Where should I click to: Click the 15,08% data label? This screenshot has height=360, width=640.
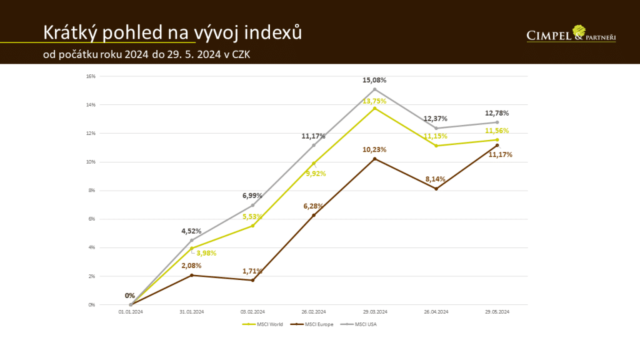[375, 80]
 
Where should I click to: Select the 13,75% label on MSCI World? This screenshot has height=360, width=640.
[375, 101]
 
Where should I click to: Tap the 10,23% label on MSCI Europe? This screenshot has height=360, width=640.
[375, 149]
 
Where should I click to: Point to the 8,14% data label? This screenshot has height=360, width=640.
[436, 178]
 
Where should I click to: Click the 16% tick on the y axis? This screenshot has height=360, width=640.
[91, 76]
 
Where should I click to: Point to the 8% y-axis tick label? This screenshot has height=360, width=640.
[91, 191]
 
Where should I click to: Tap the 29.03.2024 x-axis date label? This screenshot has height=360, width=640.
[375, 311]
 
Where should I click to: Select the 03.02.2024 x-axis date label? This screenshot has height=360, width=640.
[253, 311]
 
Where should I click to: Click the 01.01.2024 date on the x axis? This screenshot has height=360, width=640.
[131, 311]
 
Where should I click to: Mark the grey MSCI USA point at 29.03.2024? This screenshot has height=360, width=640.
[375, 89]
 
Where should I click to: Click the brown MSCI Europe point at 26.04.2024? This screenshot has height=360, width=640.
[436, 189]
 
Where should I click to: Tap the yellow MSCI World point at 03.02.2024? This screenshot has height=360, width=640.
[253, 226]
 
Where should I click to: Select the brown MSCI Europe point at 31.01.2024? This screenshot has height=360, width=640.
[192, 275]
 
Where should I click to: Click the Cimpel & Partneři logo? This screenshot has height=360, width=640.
[571, 34]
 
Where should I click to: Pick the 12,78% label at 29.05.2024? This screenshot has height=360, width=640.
[497, 113]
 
